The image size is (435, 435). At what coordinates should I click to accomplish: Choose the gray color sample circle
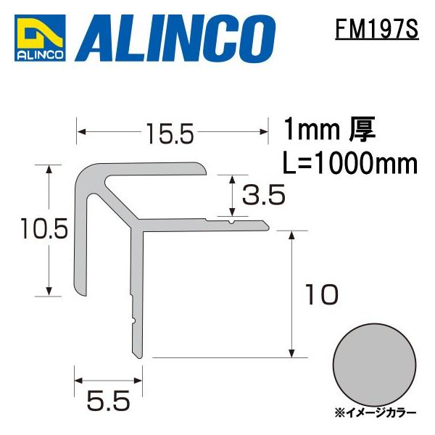(x=370, y=362)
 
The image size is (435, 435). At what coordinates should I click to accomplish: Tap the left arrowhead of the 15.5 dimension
(x=80, y=132)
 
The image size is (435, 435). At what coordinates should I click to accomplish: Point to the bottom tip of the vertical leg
(x=137, y=355)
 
